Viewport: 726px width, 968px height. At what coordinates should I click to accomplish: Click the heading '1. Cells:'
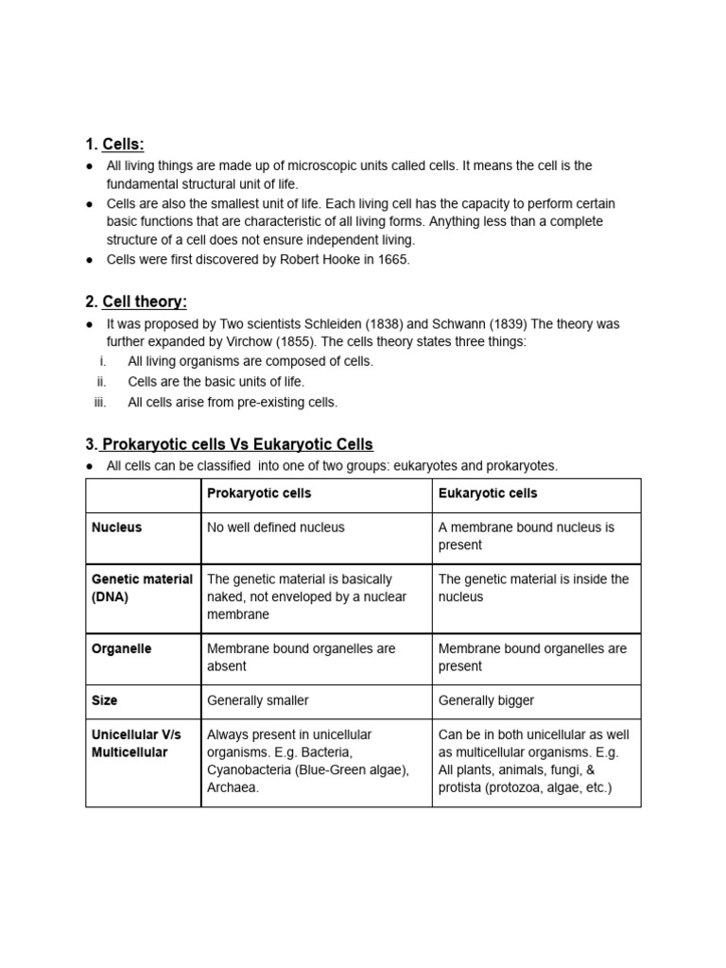pyautogui.click(x=114, y=144)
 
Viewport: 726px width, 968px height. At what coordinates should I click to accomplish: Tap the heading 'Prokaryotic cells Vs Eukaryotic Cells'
pyautogui.click(x=237, y=444)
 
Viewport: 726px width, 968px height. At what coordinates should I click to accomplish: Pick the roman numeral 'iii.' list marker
pyautogui.click(x=101, y=402)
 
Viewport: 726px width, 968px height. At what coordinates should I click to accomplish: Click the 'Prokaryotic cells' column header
pyautogui.click(x=258, y=493)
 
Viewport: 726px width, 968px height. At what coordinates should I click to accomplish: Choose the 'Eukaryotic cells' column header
pyautogui.click(x=488, y=493)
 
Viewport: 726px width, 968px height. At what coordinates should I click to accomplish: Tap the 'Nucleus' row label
pyautogui.click(x=116, y=527)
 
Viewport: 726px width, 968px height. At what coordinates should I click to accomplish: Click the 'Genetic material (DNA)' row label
pyautogui.click(x=142, y=588)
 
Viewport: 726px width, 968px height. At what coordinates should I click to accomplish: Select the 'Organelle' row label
pyautogui.click(x=121, y=649)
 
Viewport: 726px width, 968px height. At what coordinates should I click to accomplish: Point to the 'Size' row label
pyautogui.click(x=104, y=700)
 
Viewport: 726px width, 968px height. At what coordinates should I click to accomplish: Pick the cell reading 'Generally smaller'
pyautogui.click(x=257, y=700)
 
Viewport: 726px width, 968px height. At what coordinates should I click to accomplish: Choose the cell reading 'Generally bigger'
pyautogui.click(x=486, y=700)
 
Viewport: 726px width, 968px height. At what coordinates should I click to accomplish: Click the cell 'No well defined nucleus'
pyautogui.click(x=275, y=527)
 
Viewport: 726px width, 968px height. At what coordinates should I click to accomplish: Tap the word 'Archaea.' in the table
pyautogui.click(x=233, y=787)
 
